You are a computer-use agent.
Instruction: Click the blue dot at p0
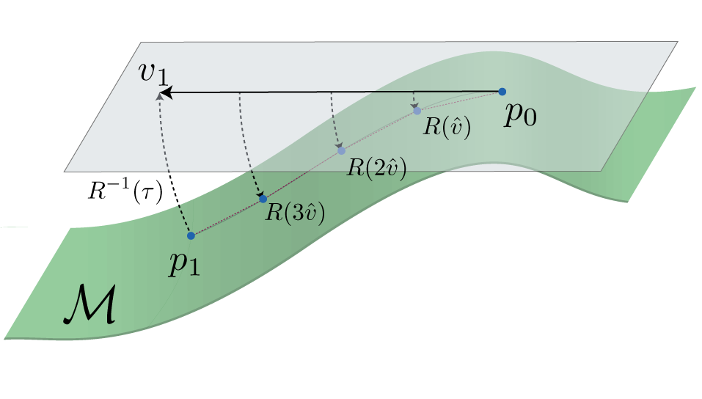click(x=502, y=92)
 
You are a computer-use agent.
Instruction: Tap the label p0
click(x=519, y=116)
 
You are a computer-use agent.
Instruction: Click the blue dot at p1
click(x=191, y=235)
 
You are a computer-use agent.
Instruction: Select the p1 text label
click(x=184, y=263)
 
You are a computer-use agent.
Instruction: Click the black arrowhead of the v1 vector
click(x=167, y=93)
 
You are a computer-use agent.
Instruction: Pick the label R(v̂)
click(x=446, y=126)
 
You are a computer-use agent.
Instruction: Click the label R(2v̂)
click(x=376, y=166)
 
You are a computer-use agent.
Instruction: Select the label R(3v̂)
click(x=295, y=213)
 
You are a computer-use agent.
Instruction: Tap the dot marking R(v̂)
click(x=417, y=111)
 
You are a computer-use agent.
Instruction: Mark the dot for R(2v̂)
click(x=341, y=151)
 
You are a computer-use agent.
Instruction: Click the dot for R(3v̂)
click(x=263, y=199)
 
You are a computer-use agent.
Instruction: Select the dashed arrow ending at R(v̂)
click(x=414, y=100)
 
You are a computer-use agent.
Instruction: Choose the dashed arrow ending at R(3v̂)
click(x=244, y=147)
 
